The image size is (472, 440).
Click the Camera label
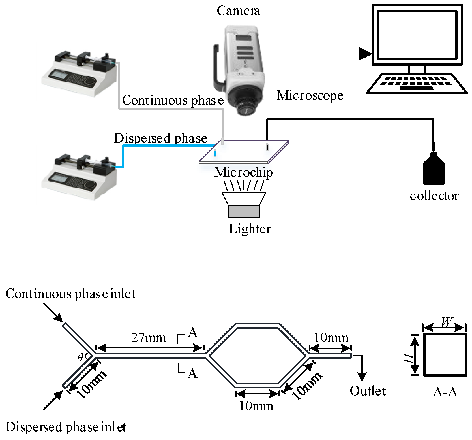[238, 11]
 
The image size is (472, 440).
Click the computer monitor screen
[417, 35]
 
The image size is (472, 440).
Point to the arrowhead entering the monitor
[365, 54]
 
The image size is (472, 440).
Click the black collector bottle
[434, 170]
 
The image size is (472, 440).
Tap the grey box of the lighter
[244, 211]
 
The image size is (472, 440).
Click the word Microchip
[243, 172]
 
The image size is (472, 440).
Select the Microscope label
[310, 95]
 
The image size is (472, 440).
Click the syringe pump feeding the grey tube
[79, 72]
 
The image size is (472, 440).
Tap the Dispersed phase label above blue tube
[160, 138]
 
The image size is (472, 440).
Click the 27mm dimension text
[149, 338]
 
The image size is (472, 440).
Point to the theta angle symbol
[80, 358]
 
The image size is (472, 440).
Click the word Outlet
[368, 391]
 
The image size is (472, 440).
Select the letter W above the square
[446, 322]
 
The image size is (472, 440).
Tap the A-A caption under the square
[445, 392]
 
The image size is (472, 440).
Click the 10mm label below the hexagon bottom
[256, 406]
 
